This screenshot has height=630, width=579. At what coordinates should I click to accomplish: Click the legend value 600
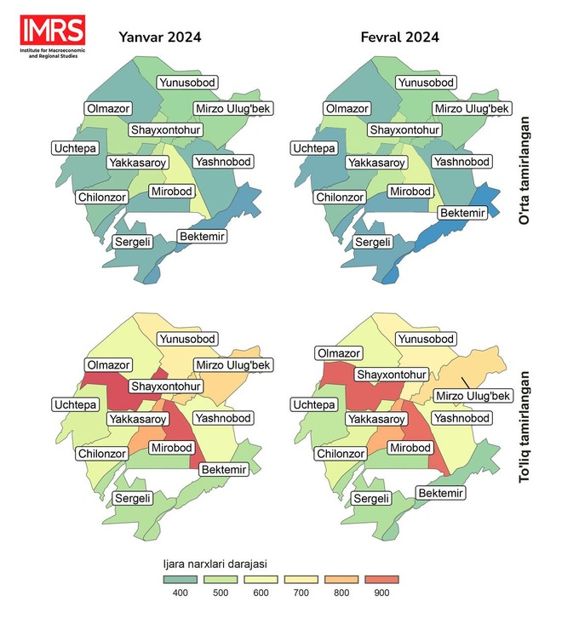click(260, 593)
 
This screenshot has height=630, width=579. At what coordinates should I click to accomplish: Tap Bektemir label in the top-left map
click(202, 236)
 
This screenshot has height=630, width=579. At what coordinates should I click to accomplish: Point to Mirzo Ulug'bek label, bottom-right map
click(472, 396)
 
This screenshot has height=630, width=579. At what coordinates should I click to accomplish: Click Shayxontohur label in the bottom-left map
click(165, 387)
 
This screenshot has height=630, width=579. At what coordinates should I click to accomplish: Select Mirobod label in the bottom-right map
click(411, 448)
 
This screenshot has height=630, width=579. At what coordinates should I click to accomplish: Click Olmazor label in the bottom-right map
click(338, 353)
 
